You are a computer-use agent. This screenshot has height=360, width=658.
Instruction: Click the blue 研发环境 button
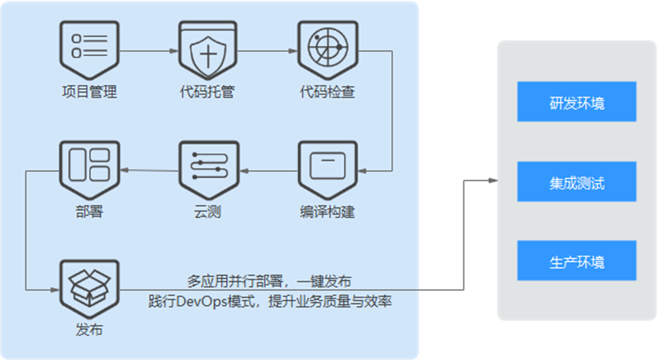pyautogui.click(x=576, y=102)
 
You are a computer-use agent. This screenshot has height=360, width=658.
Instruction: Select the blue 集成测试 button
pyautogui.click(x=576, y=181)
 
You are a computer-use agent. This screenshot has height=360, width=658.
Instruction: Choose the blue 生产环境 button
pyautogui.click(x=576, y=261)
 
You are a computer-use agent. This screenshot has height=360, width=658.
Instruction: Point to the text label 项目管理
pyautogui.click(x=89, y=92)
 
